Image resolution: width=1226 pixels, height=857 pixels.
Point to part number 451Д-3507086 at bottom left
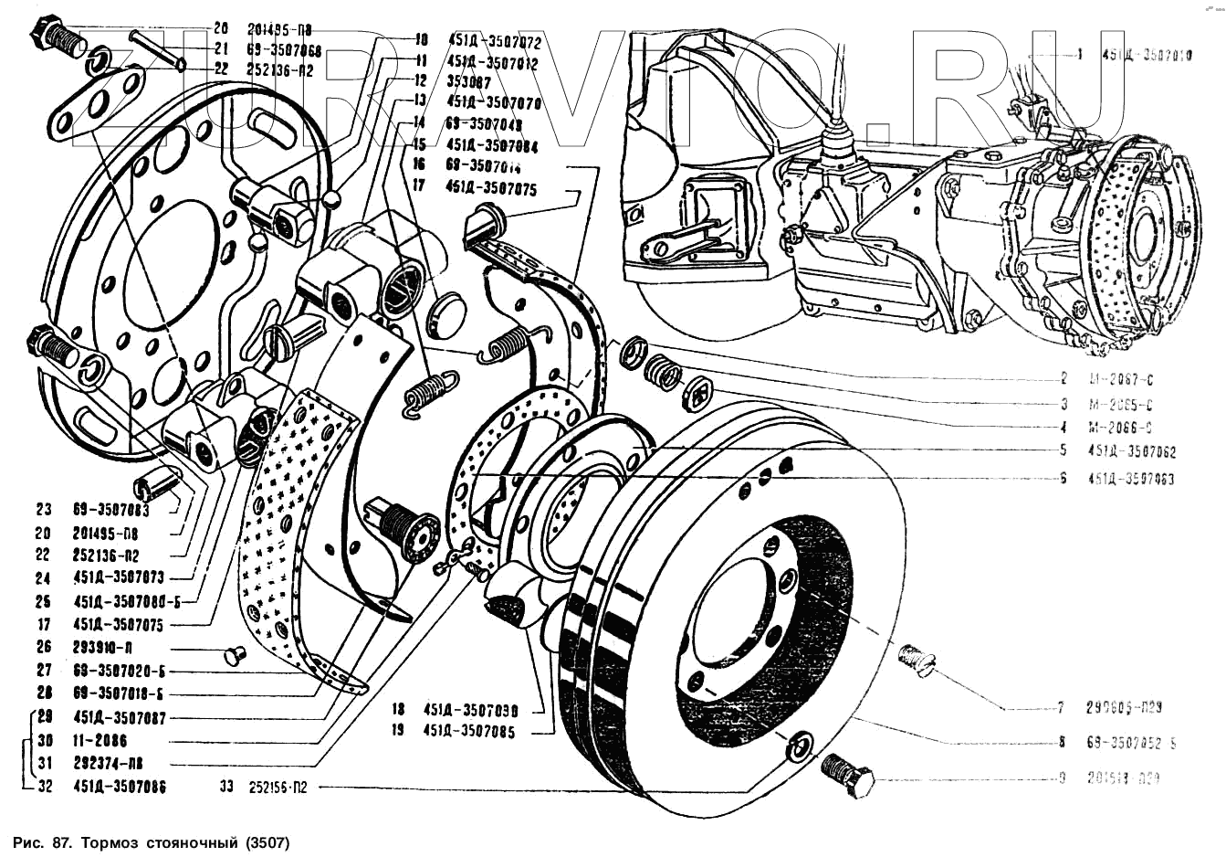(120, 786)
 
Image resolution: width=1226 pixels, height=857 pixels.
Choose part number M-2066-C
(1120, 428)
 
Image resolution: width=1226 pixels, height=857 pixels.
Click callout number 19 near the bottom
(398, 732)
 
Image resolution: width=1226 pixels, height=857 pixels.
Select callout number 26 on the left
(44, 647)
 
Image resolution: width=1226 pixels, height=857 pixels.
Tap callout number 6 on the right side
(1063, 477)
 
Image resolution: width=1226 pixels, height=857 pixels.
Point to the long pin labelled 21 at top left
(158, 49)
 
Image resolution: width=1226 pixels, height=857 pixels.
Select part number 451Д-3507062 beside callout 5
(1131, 451)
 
